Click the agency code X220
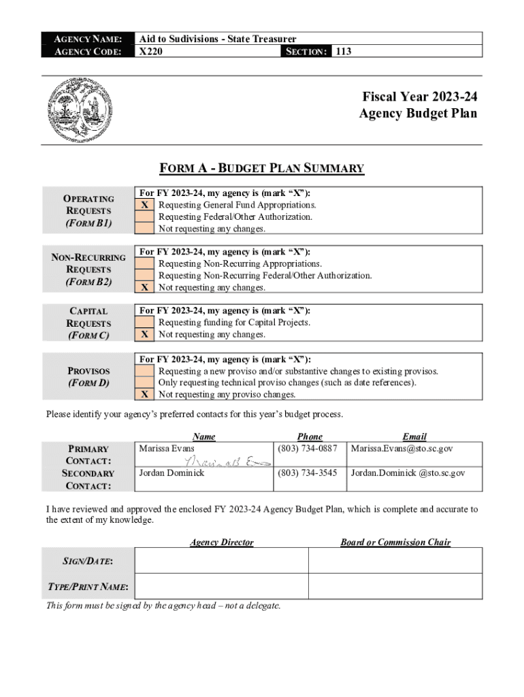pos(150,51)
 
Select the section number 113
pos(344,51)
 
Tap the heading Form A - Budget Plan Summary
pos(261,168)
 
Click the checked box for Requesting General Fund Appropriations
pos(144,205)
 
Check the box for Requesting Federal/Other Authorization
pos(144,217)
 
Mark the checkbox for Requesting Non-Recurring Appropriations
pos(144,263)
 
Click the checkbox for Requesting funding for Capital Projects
pos(144,323)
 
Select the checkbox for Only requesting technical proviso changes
pos(144,383)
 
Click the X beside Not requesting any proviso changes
pos(144,395)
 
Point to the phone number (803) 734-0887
pos(307,449)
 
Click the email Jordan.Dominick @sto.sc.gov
pos(408,473)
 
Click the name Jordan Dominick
pos(171,473)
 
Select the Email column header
pos(414,436)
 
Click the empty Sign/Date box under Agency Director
pos(221,560)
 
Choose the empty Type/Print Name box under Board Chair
pos(395,586)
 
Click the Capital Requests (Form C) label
pos(88,323)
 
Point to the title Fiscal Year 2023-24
pos(419,97)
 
